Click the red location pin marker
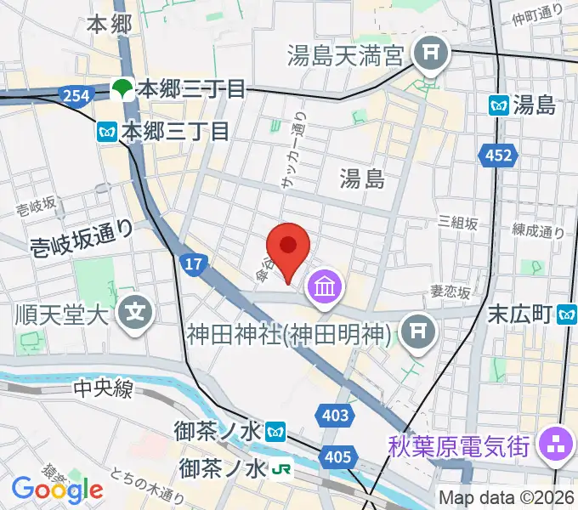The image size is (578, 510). coord(288,247)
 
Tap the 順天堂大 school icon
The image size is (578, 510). coord(136,314)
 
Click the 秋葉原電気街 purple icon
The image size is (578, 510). coord(558,444)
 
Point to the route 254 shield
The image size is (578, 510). coord(76,96)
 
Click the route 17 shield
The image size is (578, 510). coord(195,264)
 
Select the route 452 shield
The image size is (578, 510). coord(499,155)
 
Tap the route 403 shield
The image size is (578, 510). coord(337,415)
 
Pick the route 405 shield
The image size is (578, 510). coord(337,458)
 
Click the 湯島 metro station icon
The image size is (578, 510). coord(499,105)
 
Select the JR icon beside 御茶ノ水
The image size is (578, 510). coord(278,468)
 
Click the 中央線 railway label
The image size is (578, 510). coord(103,390)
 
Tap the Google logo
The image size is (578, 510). coord(57,489)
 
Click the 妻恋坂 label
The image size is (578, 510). coord(450,292)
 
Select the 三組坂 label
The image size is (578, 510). coord(458,223)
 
